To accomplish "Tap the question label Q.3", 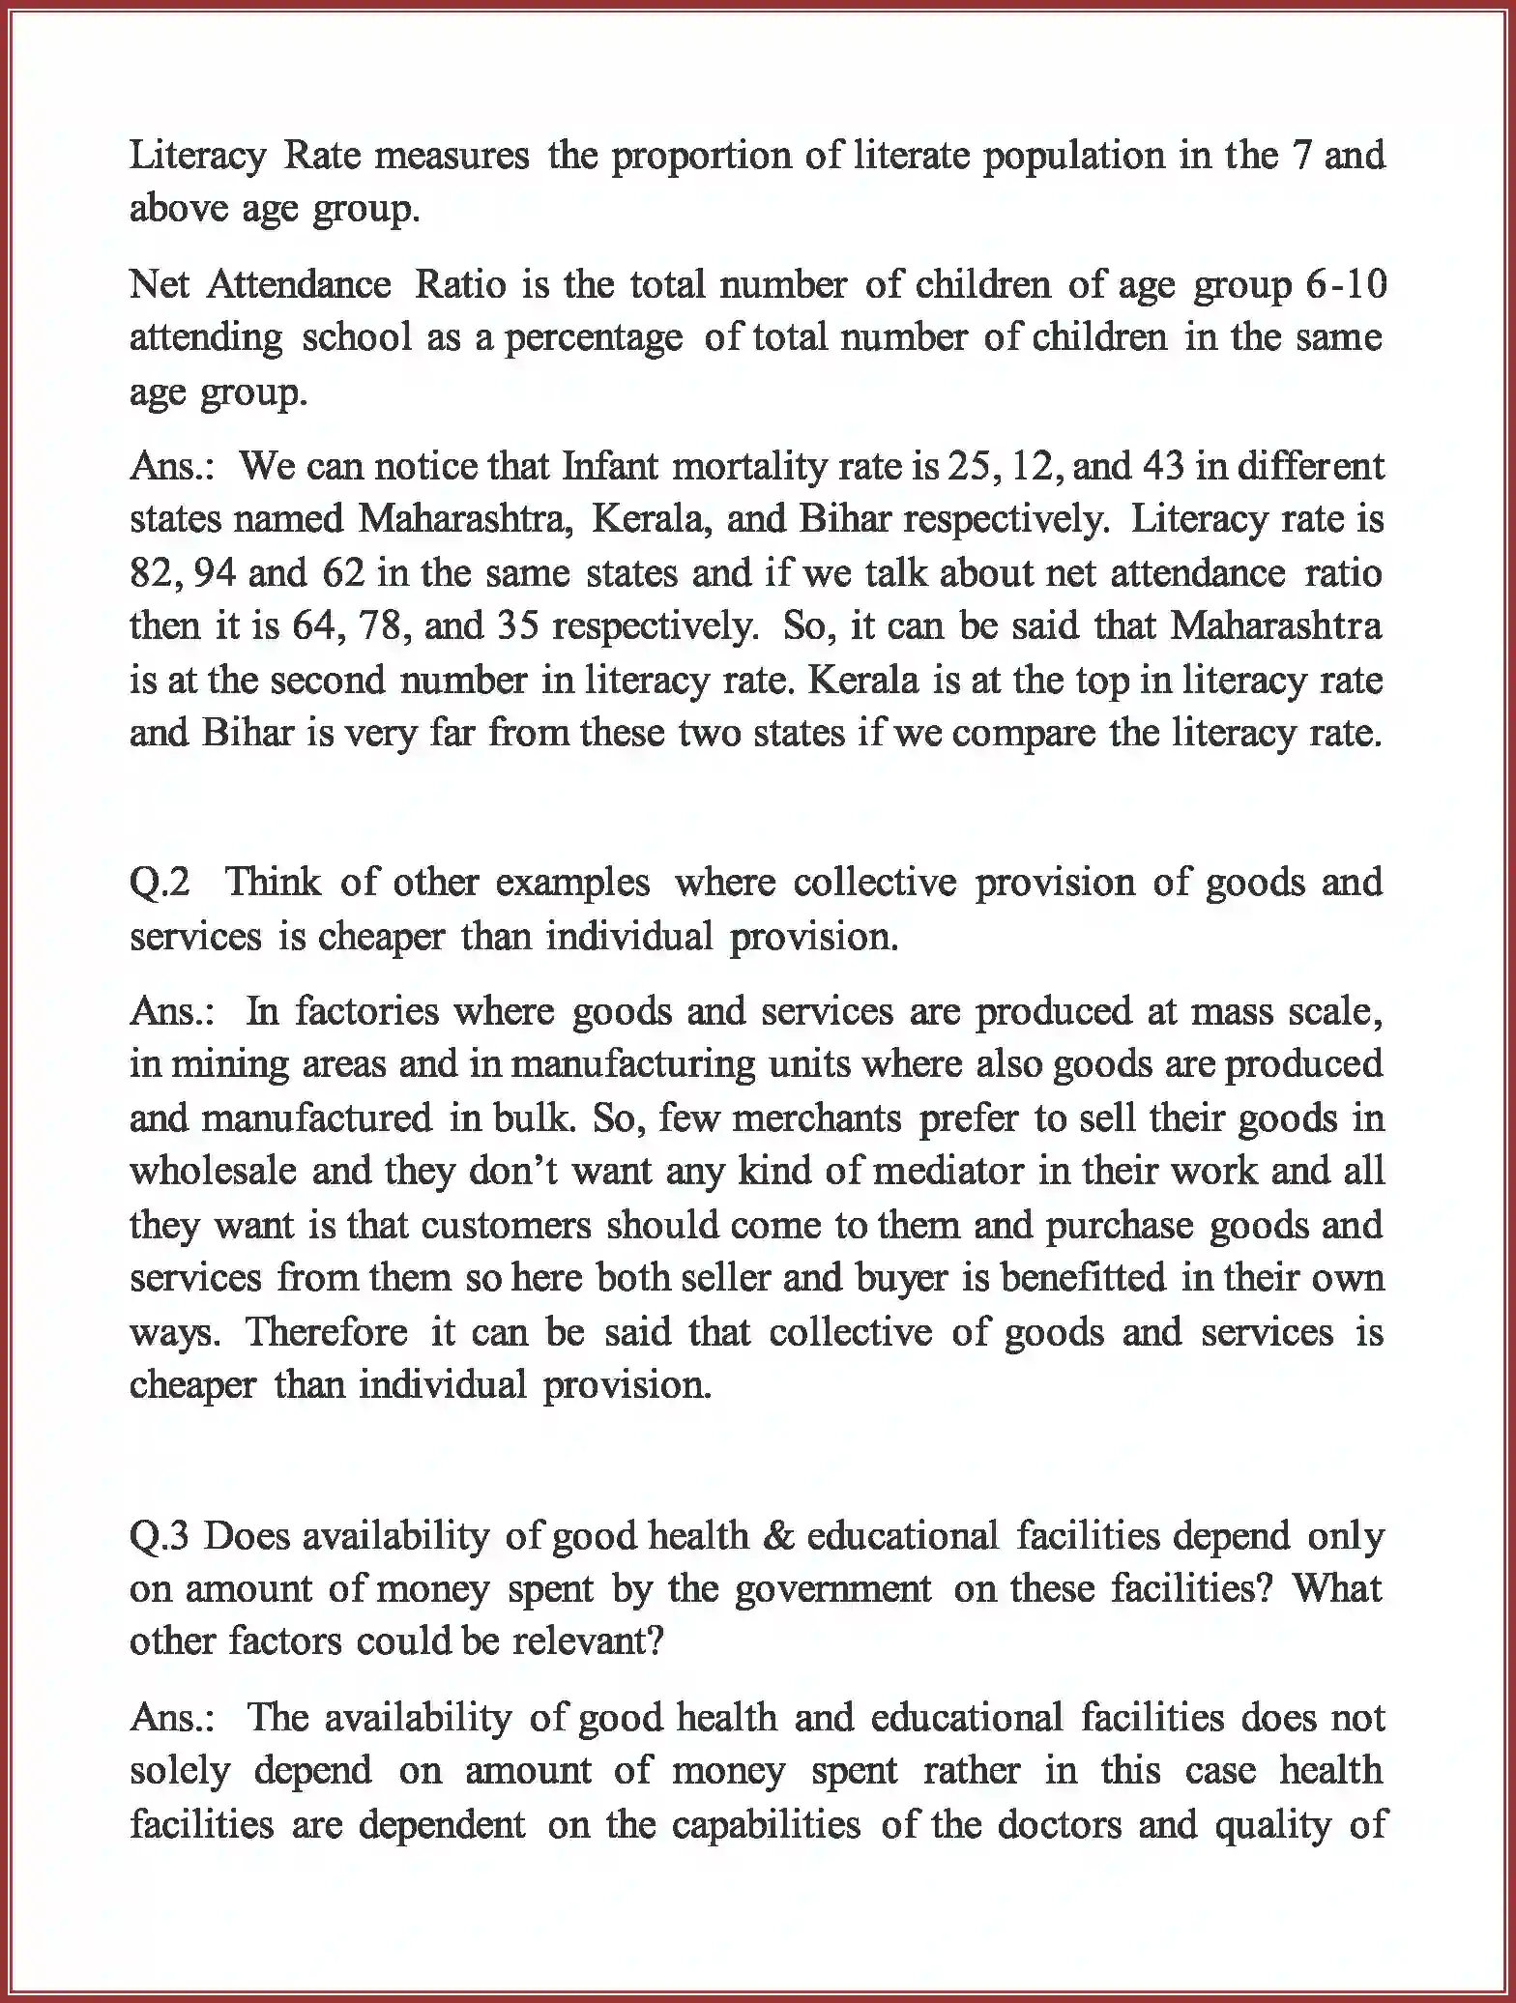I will tap(160, 1536).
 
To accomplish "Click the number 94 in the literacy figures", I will tap(214, 573).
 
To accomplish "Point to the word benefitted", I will tap(1082, 1278).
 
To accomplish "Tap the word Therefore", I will tap(326, 1332).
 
